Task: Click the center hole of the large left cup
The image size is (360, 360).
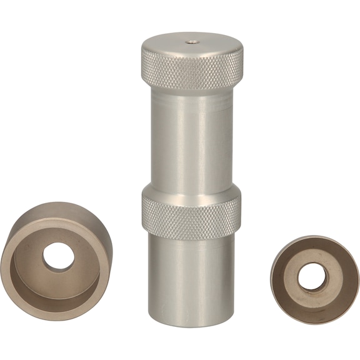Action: (x=58, y=255)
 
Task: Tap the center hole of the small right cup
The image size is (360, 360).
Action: (x=311, y=277)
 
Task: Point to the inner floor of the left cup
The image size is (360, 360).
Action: (x=37, y=275)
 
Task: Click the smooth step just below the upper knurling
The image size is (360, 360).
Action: (x=192, y=97)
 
